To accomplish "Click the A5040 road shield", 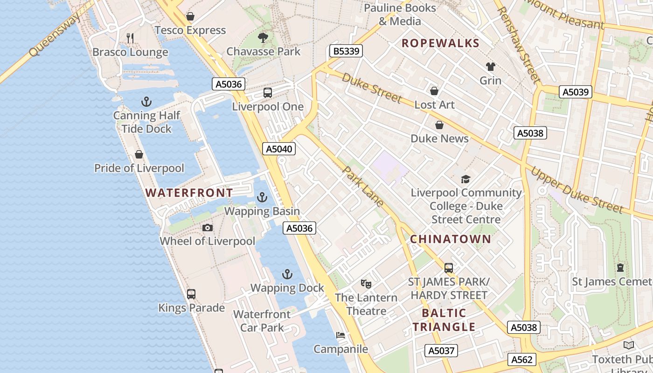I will coord(278,149).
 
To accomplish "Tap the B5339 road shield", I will coord(346,51).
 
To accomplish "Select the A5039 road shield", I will coord(575,92).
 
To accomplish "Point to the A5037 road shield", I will coord(441,351).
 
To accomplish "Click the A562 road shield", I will coord(522,359).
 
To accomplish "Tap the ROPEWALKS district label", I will coord(440,43).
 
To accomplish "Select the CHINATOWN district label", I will coord(450,239).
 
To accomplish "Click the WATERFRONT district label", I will coord(189,193).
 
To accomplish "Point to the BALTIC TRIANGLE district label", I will coord(444,320).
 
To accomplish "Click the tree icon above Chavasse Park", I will coord(263,37).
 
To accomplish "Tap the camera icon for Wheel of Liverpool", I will coord(208,228).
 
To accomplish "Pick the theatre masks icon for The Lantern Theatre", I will coord(366,283).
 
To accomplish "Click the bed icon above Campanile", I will coord(340,335).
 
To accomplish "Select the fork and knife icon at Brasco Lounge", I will coord(130,38).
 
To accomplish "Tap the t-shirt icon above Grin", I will coord(490,67).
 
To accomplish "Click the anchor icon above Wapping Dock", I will coord(287,274).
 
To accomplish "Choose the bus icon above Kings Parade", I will coord(191,294).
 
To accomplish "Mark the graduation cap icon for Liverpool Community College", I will coord(465,179).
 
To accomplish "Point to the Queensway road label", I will coord(55,35).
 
